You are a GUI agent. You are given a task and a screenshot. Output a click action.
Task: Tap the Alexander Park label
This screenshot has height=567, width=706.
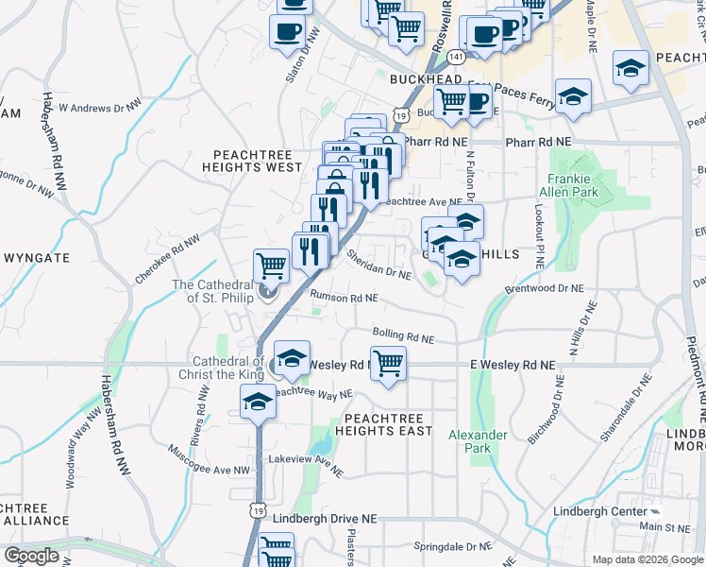tap(478, 441)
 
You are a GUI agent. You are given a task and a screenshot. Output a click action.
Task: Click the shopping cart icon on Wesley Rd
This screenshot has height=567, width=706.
tap(388, 363)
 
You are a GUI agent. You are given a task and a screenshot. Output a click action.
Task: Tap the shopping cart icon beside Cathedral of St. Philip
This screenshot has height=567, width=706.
tap(272, 265)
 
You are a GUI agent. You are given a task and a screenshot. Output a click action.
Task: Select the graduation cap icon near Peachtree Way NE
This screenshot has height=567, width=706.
tap(256, 401)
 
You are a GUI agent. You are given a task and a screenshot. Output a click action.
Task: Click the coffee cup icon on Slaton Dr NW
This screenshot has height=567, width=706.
tap(287, 31)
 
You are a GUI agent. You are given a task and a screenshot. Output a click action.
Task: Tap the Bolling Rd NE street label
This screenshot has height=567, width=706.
tap(403, 335)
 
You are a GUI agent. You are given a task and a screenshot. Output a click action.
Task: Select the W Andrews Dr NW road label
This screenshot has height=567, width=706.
tap(100, 107)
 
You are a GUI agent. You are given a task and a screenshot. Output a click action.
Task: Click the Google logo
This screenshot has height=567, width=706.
tap(31, 556)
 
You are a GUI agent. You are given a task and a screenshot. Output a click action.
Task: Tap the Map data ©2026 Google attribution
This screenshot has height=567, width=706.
tap(647, 559)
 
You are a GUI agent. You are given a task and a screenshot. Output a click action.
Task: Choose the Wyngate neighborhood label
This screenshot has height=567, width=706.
tap(37, 257)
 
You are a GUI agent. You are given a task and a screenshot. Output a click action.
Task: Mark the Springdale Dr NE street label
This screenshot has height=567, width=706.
tap(453, 546)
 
